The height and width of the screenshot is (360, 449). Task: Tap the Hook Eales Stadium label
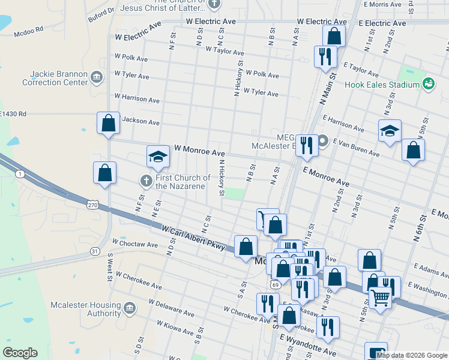381,85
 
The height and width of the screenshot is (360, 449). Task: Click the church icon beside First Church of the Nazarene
145,181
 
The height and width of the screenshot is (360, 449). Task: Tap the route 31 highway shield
95,251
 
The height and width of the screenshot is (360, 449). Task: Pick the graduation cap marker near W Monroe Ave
158,157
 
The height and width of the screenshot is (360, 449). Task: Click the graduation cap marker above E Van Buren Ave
390,131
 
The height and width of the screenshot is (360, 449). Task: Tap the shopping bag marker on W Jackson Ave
108,123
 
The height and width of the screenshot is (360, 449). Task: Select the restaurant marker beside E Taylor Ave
325,56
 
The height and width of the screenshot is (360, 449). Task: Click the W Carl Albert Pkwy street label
193,238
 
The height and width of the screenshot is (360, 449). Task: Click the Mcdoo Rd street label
30,29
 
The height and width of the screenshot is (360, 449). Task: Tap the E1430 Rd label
13,113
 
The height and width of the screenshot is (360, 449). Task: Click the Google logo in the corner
20,353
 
